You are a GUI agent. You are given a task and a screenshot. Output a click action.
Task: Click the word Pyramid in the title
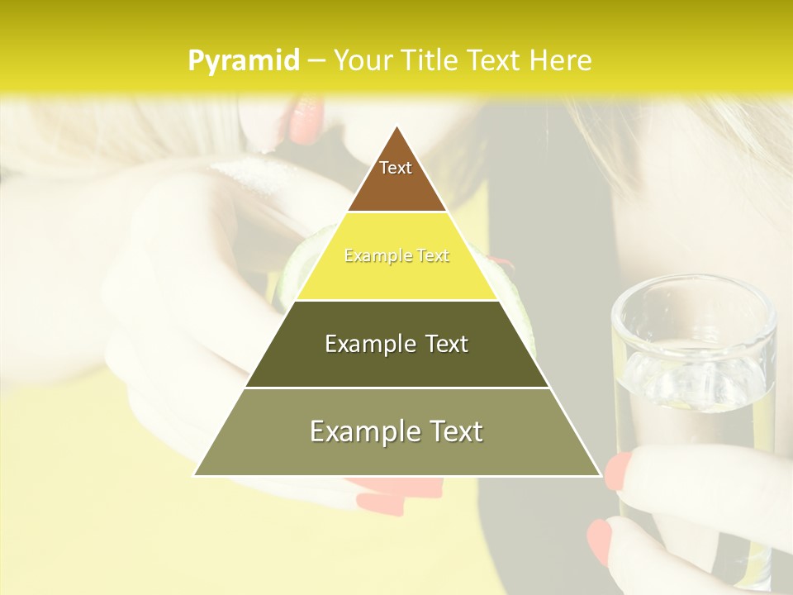click(243, 61)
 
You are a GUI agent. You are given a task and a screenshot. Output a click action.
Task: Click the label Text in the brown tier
click(396, 168)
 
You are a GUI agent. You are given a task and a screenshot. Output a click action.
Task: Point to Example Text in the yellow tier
click(396, 255)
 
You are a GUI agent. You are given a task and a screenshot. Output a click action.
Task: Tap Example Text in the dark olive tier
click(396, 344)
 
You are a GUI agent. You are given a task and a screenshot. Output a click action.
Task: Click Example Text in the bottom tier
click(396, 431)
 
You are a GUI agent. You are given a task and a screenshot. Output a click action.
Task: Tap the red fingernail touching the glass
click(619, 470)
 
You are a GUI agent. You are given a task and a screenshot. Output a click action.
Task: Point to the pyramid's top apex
click(397, 126)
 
